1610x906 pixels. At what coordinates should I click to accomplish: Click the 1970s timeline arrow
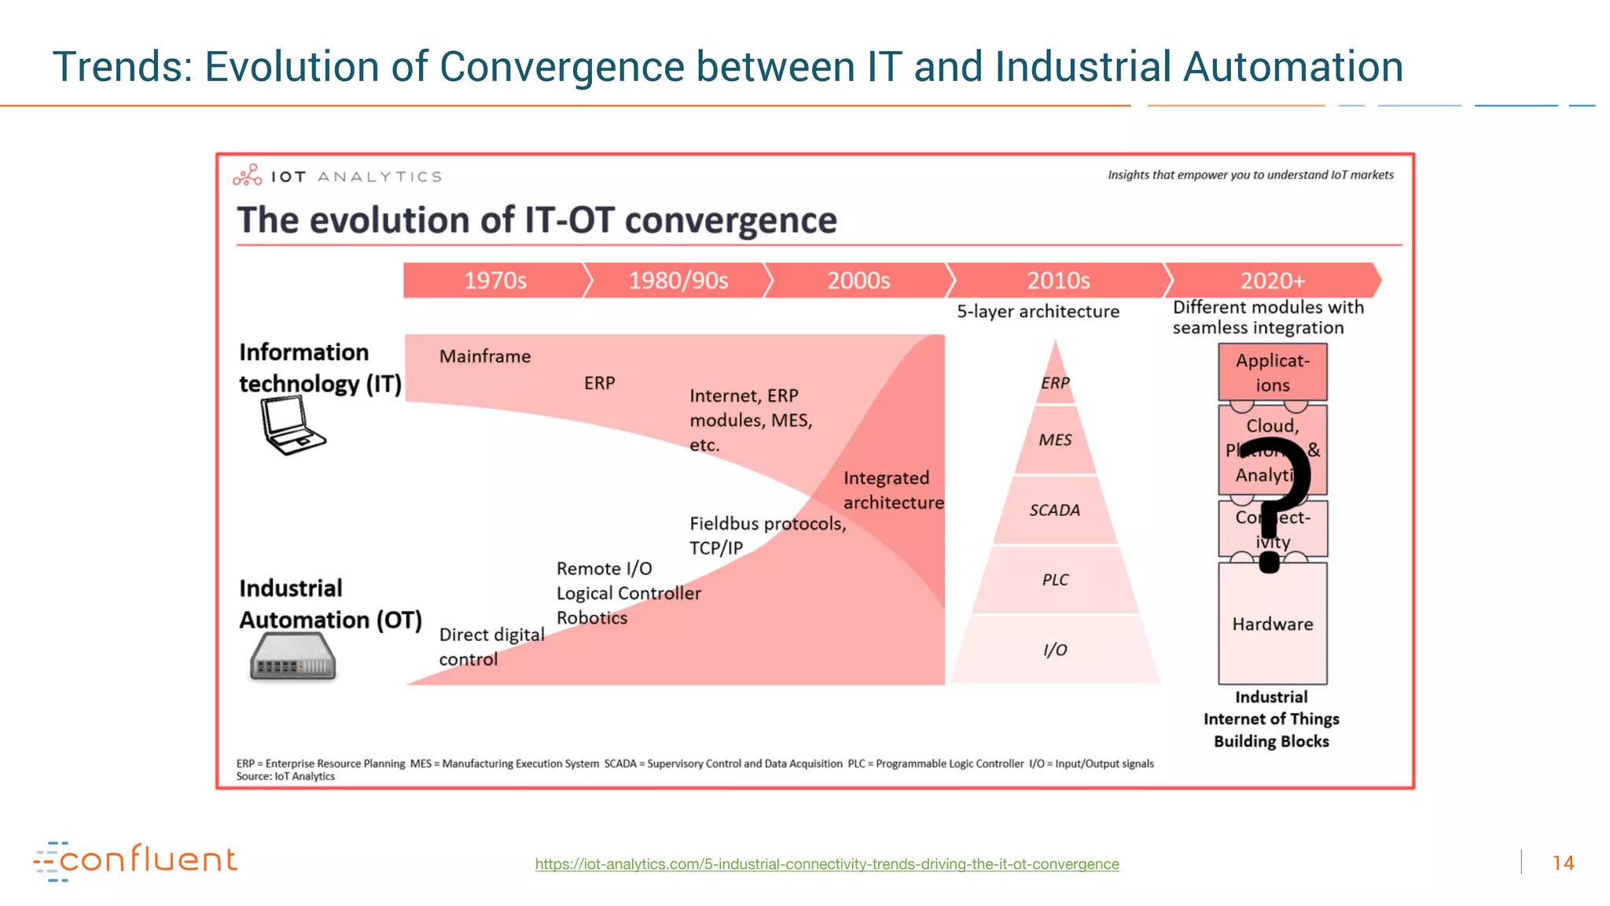[x=494, y=281]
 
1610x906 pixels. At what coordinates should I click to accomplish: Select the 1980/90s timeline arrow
[x=678, y=281]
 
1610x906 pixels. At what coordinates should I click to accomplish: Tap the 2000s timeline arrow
[x=858, y=281]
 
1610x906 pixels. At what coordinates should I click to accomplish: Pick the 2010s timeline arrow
[x=1058, y=281]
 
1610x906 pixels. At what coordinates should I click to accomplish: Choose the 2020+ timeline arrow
[x=1272, y=281]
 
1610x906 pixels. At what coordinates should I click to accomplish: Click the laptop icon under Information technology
[x=291, y=425]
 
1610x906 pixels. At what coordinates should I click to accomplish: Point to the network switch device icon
[x=292, y=657]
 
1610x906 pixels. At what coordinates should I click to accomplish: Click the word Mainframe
[x=485, y=356]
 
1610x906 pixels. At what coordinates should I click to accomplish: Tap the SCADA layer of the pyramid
[x=1055, y=510]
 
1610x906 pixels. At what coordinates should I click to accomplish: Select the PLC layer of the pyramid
[x=1055, y=580]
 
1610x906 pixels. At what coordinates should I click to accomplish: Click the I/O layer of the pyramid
[x=1055, y=650]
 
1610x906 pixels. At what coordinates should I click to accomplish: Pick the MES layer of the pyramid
[x=1055, y=440]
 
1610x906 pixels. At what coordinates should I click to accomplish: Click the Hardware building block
[x=1272, y=624]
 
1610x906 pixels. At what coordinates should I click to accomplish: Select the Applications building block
[x=1272, y=372]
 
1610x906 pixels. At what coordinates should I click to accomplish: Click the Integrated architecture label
[x=893, y=490]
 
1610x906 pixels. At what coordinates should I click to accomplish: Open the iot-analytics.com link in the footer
[x=827, y=864]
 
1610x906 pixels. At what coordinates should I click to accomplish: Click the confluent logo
[x=135, y=860]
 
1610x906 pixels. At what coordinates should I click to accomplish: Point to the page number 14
[x=1563, y=863]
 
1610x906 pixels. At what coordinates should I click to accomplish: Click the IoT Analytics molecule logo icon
[x=247, y=175]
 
